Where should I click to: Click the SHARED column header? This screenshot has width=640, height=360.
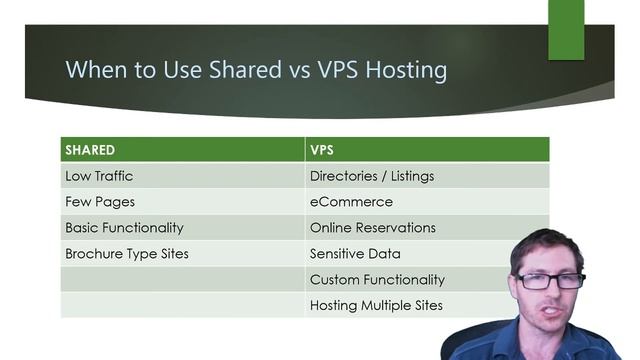click(90, 150)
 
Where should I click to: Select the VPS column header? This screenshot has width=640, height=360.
click(322, 150)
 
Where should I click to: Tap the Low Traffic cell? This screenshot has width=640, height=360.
click(99, 176)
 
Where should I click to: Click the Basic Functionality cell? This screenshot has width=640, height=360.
click(124, 227)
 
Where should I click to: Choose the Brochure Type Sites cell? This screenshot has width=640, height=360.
click(127, 254)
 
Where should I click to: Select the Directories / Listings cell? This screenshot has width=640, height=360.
click(372, 176)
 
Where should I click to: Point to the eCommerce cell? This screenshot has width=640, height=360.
click(351, 201)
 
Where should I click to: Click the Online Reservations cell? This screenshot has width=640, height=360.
click(373, 227)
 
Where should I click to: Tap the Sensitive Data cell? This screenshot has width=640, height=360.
click(355, 254)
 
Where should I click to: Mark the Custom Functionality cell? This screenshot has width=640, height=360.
click(377, 280)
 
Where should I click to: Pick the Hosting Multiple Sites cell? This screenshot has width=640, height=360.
click(376, 306)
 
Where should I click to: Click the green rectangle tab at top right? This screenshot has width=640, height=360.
click(566, 28)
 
